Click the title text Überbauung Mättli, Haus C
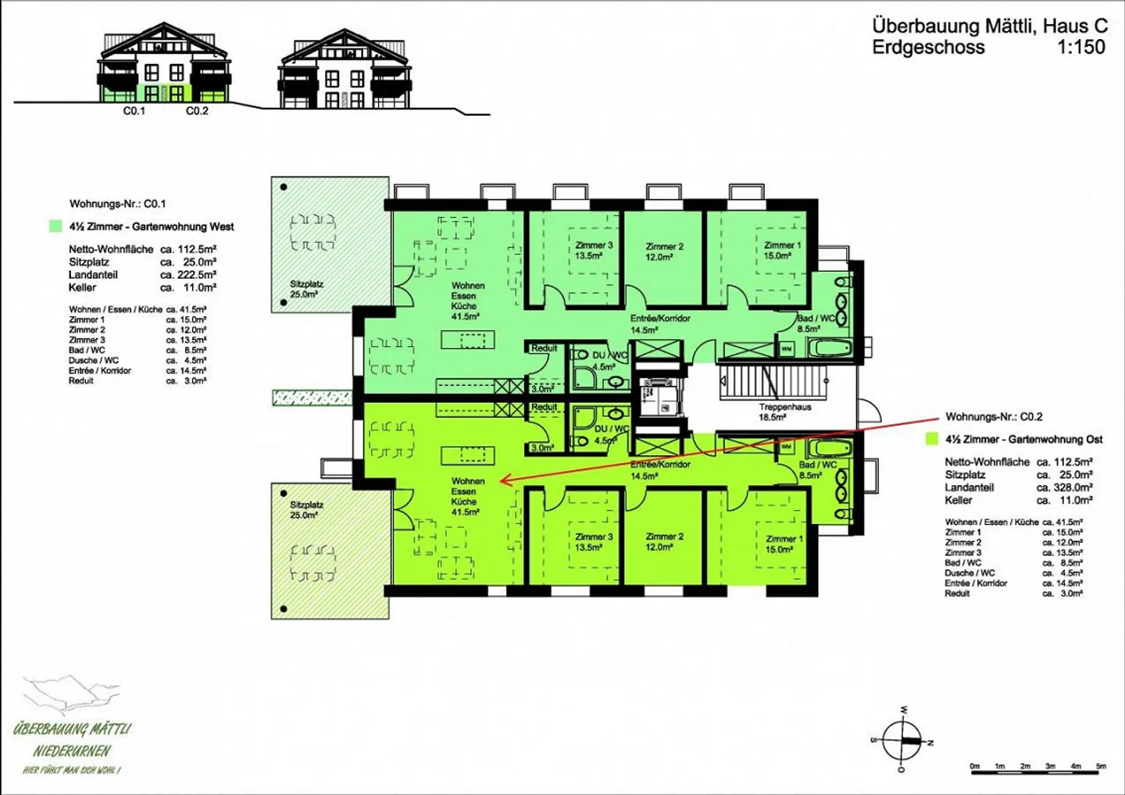coord(989,26)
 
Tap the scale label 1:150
coord(1081,48)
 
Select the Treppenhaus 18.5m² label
coord(784,412)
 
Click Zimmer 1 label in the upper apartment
coord(782,250)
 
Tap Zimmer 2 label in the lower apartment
coord(664,542)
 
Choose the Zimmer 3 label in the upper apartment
coord(594,250)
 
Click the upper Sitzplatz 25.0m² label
coord(306,289)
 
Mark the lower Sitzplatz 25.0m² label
coord(306,510)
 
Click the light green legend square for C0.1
coord(55,226)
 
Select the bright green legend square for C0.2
coord(931,440)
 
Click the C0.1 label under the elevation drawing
coord(134,111)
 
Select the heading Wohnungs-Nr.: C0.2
coord(994,417)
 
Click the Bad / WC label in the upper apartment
coord(816,323)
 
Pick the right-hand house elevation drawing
coord(345,70)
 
